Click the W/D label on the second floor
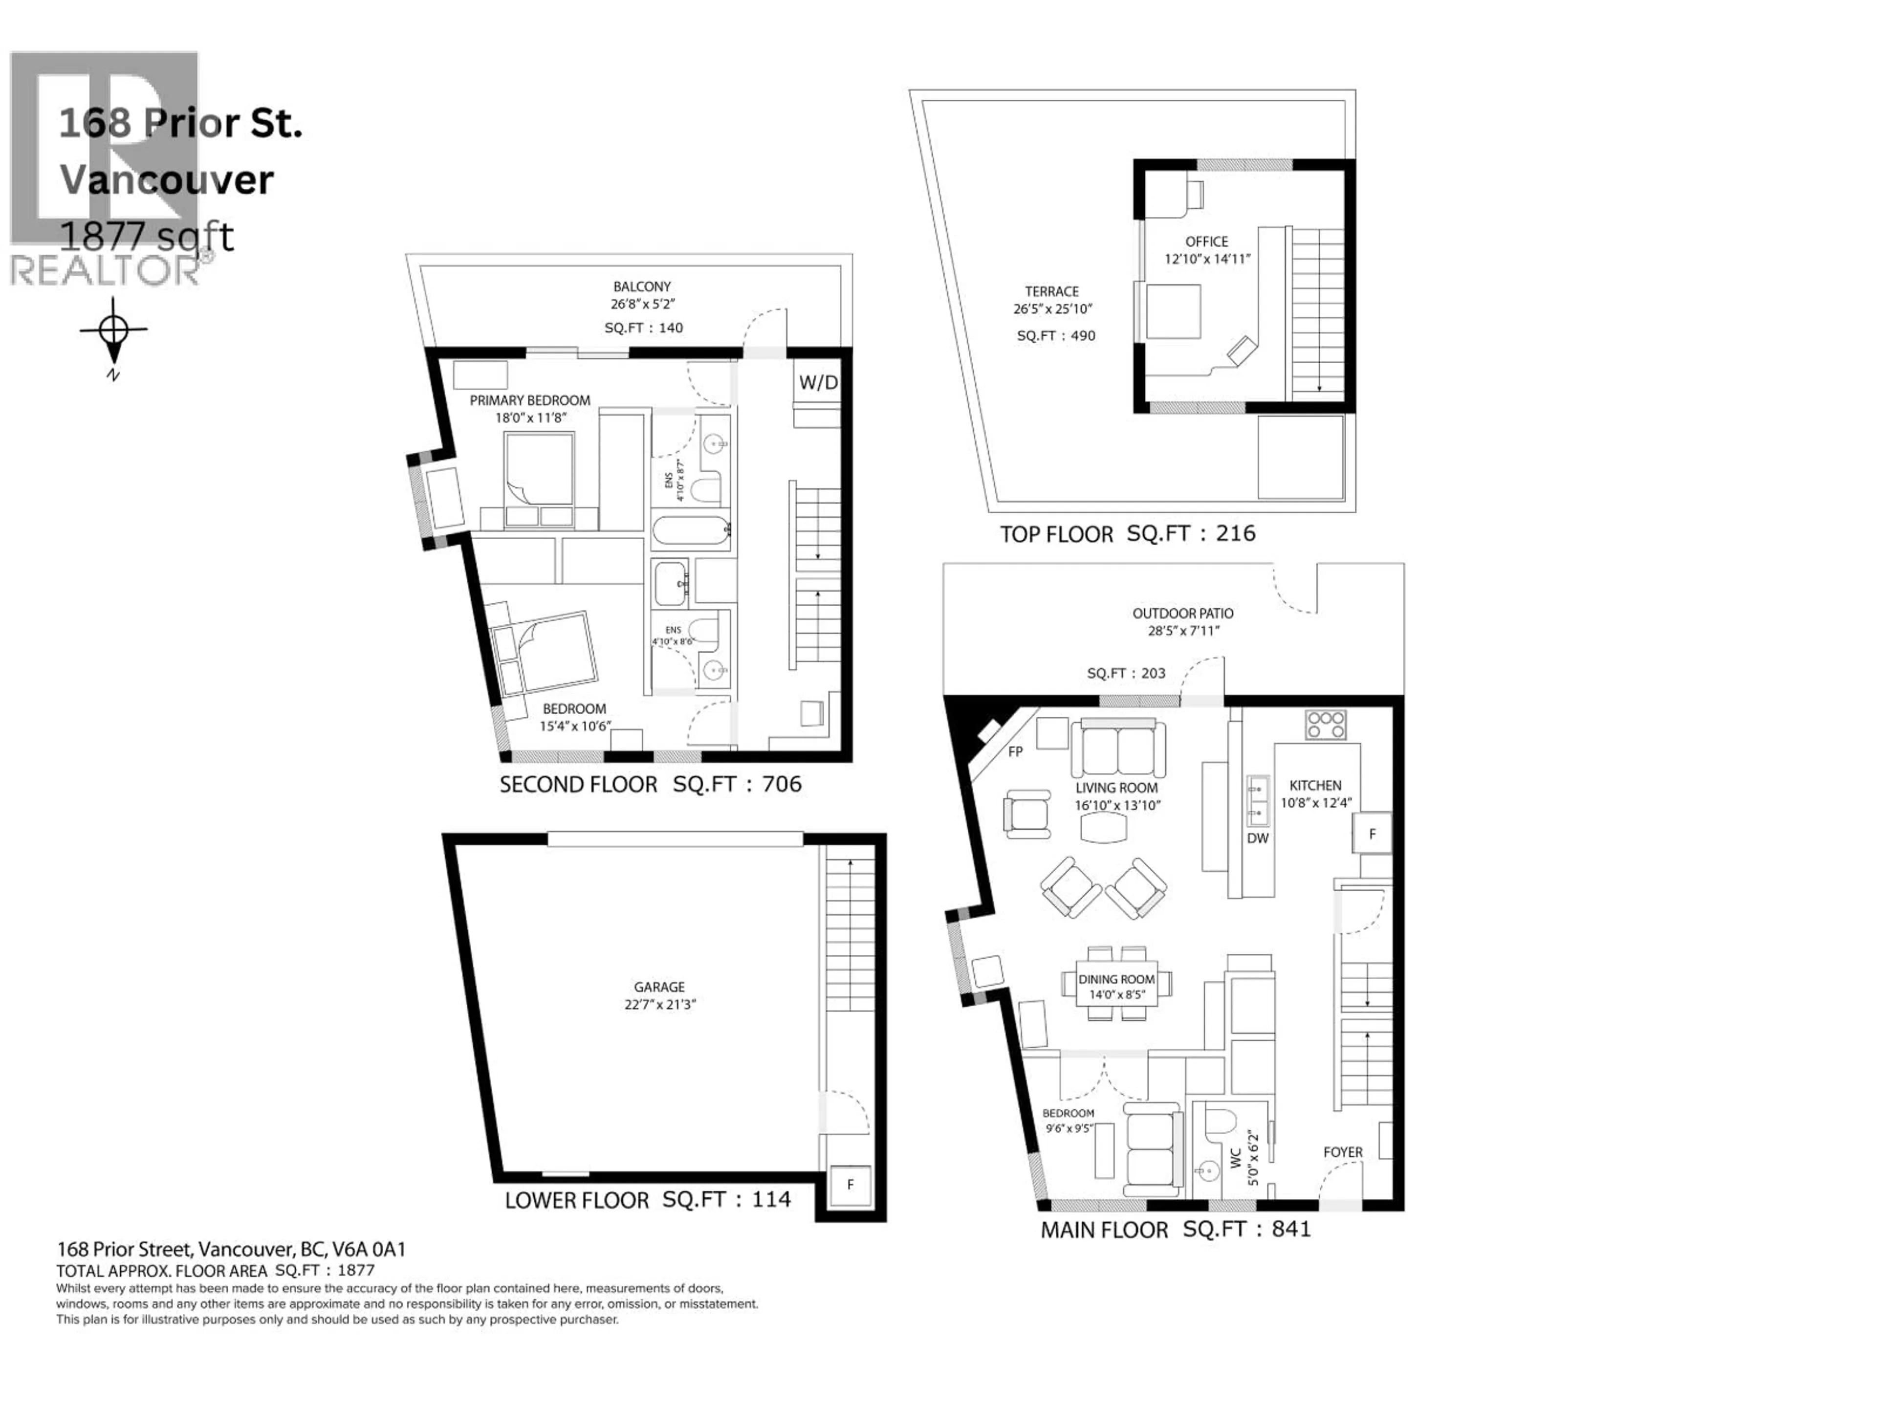pos(818,383)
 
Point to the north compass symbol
pos(114,331)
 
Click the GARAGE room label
pos(658,987)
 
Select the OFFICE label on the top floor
pos(1207,242)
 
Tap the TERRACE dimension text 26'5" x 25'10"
pos(1052,309)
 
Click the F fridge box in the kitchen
pos(1372,834)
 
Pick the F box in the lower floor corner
pos(850,1185)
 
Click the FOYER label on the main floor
pos(1342,1152)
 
